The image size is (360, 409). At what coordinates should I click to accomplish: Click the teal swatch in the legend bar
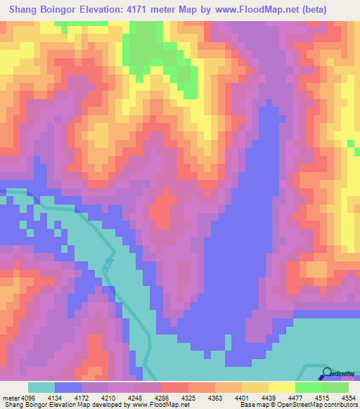coord(41,387)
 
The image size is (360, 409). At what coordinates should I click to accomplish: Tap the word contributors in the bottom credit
coord(342,404)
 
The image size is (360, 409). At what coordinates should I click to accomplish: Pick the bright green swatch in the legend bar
coord(309,387)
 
